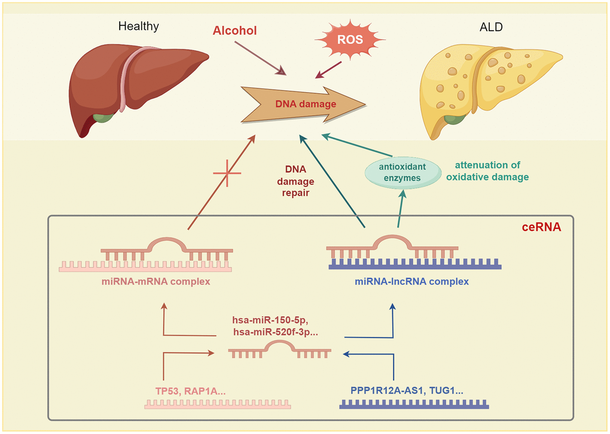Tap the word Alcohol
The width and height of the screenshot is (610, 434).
point(235,30)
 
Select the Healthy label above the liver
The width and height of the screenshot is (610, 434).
point(138,26)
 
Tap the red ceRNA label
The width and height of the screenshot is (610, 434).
point(541,227)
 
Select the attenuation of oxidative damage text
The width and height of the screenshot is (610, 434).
point(491,171)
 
